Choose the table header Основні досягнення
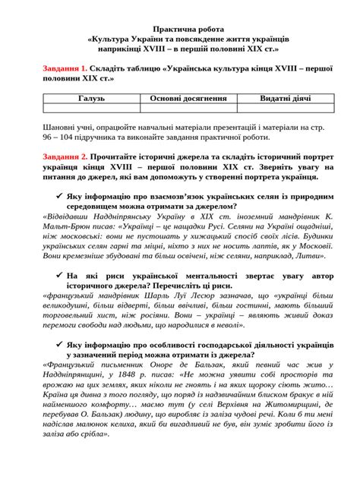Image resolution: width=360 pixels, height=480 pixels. tap(178, 99)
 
